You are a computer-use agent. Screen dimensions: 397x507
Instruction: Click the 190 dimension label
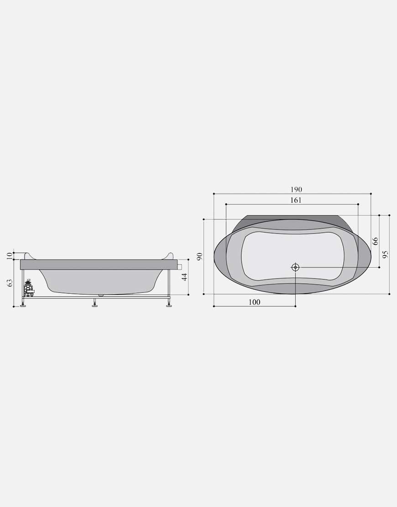coord(296,190)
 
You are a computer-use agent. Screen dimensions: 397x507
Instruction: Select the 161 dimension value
coord(296,200)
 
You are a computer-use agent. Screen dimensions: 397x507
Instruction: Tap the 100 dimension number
coord(254,302)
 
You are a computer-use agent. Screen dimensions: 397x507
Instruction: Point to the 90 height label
coord(199,256)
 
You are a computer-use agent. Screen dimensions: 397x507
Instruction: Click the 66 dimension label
coord(375,241)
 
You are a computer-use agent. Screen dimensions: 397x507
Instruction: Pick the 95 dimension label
coord(385,254)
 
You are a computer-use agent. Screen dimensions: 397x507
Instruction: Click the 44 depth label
coord(184,277)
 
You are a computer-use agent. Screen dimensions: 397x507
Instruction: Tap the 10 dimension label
coord(10,256)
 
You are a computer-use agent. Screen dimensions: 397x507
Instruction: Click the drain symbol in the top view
coord(295,267)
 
